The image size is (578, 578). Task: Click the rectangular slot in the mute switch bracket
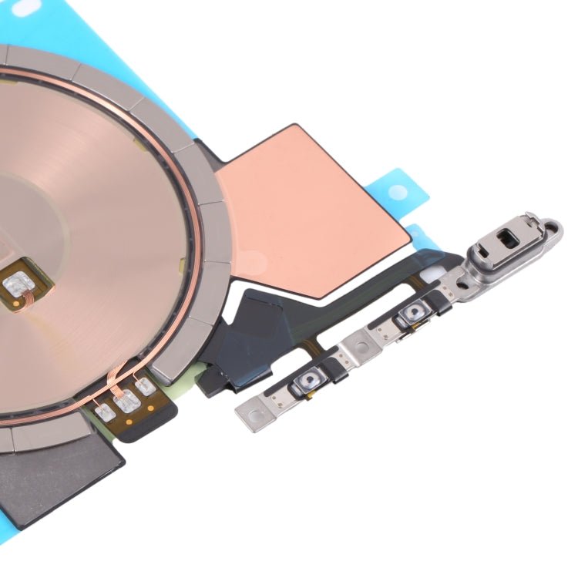[506, 237]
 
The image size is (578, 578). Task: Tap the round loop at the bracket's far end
[551, 229]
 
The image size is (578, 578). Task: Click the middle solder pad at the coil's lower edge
[126, 401]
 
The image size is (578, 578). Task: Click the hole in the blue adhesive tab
[396, 192]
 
